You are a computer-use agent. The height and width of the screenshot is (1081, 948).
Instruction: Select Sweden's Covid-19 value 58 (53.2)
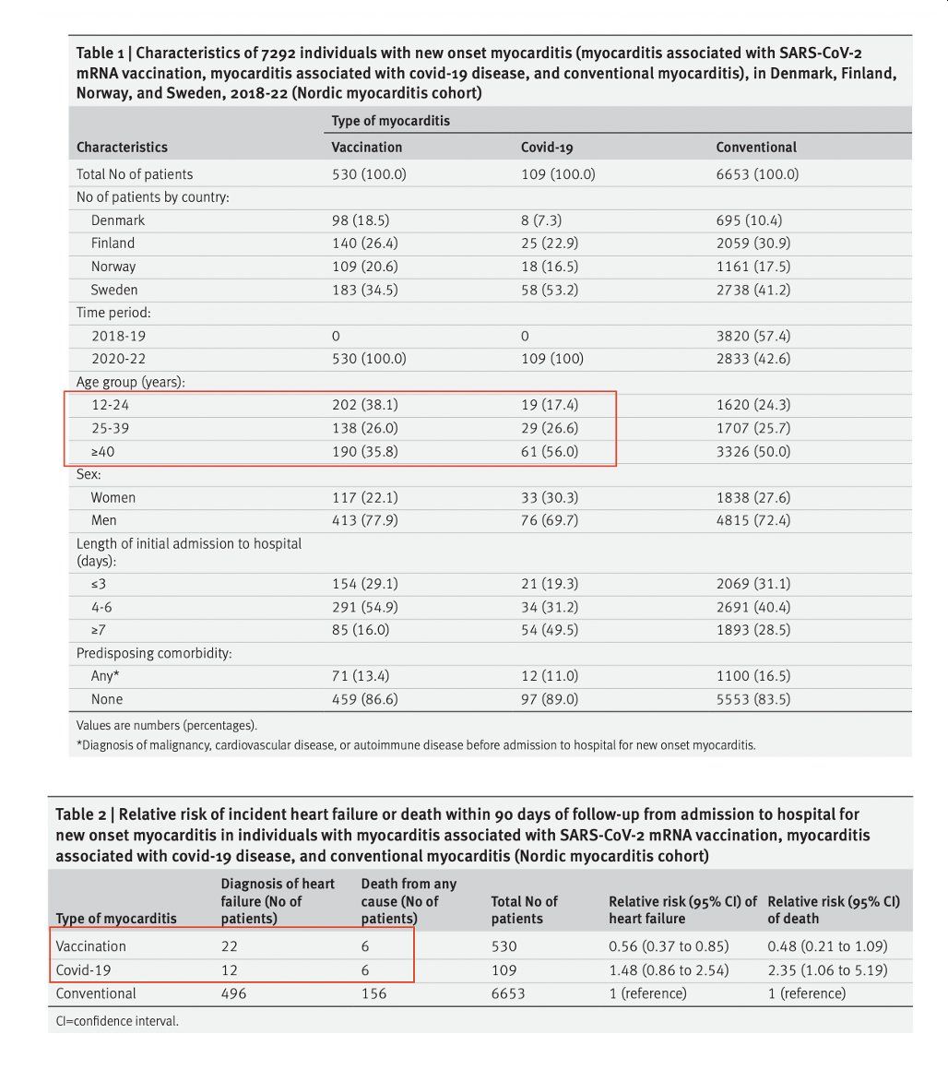tap(550, 290)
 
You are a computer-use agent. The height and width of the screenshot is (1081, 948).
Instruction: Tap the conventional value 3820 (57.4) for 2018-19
tap(752, 336)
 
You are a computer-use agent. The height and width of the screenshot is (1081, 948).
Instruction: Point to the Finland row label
tap(113, 244)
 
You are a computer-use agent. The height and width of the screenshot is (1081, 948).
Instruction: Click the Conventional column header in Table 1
tap(756, 147)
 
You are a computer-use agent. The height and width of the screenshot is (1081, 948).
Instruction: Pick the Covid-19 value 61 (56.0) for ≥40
tap(550, 451)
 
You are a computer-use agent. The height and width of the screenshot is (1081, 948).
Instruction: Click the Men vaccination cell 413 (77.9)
tap(365, 520)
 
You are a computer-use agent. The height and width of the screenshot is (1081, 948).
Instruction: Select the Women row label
tap(113, 497)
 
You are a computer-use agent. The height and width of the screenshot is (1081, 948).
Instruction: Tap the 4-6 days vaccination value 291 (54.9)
tap(365, 607)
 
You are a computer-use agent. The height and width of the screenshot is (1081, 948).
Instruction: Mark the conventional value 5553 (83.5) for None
tap(752, 699)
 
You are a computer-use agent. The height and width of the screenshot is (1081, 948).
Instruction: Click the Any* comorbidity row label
tap(102, 676)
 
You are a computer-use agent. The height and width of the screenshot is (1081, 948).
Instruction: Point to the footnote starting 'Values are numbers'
tap(167, 725)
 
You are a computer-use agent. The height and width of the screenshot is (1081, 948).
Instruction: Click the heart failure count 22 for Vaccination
tap(229, 946)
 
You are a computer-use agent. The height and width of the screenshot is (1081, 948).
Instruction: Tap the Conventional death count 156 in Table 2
tap(373, 993)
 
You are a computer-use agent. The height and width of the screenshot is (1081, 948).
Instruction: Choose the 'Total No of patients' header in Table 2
tap(525, 909)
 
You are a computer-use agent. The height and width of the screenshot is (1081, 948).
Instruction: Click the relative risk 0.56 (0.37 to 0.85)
tap(669, 946)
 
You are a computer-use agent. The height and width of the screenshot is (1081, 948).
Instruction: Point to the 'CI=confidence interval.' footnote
tap(117, 1021)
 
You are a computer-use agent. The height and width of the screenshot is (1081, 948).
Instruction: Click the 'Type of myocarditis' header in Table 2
tap(116, 919)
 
